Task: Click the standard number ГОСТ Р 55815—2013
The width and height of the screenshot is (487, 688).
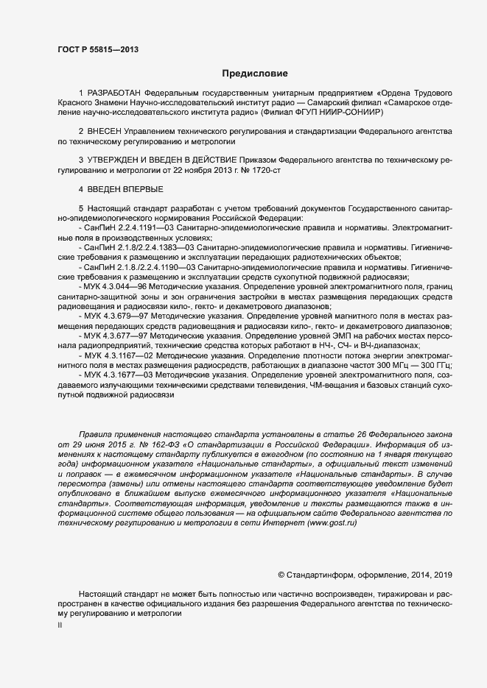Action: pyautogui.click(x=99, y=49)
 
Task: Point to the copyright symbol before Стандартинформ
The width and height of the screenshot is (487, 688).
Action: pyautogui.click(x=281, y=573)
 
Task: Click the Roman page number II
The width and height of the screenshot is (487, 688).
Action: pyautogui.click(x=60, y=625)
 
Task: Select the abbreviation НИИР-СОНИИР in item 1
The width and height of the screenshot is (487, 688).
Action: pyautogui.click(x=348, y=113)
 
